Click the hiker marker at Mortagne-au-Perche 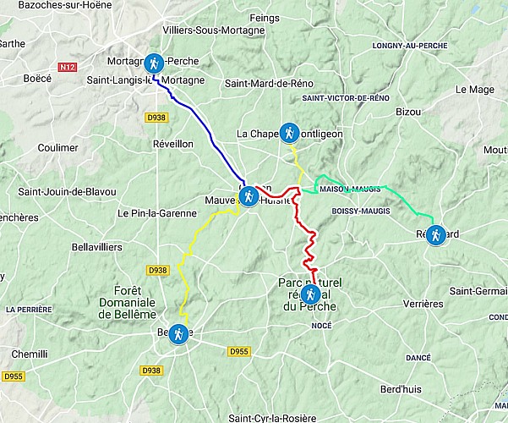(154, 62)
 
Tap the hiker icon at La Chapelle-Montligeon (289, 132)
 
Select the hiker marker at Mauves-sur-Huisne (249, 197)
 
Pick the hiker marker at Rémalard (435, 235)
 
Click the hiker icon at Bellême (179, 334)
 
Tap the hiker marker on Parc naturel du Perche (311, 294)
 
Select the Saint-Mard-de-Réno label (267, 84)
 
